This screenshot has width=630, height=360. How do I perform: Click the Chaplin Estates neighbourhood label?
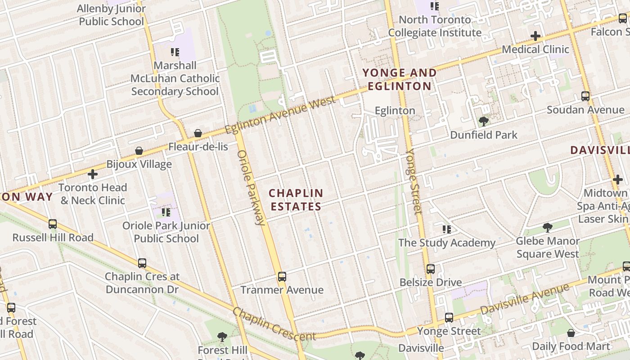point(296,200)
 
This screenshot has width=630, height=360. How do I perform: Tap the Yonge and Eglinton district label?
point(400,79)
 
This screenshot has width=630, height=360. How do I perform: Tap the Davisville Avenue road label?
point(525,299)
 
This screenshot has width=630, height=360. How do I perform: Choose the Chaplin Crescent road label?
point(274,324)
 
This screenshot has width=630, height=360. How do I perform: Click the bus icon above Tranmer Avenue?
point(282,276)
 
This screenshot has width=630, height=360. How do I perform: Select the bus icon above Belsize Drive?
point(431,269)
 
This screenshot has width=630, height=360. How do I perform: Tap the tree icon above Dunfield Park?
point(484,121)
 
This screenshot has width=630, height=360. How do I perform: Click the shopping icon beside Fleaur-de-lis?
point(198,133)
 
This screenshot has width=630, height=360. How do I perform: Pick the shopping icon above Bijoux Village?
point(139,151)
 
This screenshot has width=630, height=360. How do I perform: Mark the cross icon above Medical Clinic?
point(535,36)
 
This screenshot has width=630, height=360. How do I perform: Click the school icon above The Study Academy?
point(447,229)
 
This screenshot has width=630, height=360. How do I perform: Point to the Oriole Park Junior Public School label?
point(166,232)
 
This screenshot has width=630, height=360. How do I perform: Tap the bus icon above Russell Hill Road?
point(53,224)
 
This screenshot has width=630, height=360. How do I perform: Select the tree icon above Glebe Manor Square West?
point(548,227)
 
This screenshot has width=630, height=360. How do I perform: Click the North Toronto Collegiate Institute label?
point(435,26)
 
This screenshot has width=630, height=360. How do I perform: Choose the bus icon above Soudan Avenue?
point(585,96)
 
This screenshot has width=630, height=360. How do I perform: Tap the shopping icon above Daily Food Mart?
point(571,333)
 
